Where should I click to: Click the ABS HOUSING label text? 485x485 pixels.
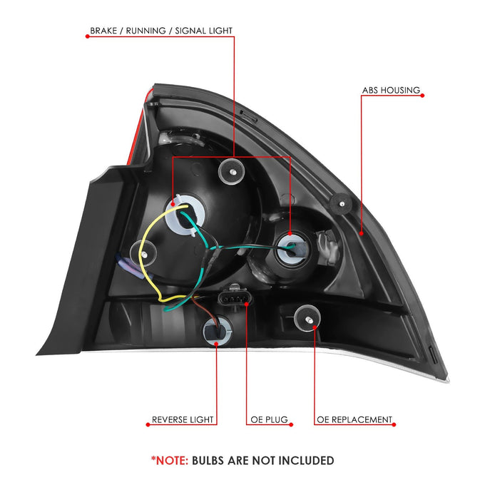[x=391, y=90]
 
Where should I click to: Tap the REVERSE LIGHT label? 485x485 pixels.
[x=183, y=419]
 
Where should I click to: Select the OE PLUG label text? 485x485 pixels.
[x=269, y=419]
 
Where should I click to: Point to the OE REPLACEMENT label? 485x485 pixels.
[x=354, y=419]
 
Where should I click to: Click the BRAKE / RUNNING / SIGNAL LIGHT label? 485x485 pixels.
[x=161, y=31]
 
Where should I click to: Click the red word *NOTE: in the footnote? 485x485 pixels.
[x=170, y=460]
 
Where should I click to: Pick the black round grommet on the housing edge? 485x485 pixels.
[x=342, y=204]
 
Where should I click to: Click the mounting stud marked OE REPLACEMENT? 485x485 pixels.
[x=307, y=319]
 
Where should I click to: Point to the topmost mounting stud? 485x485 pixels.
[x=232, y=171]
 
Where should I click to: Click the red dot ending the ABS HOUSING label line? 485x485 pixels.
[x=422, y=96]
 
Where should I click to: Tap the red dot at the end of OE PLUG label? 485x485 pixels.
[x=291, y=424]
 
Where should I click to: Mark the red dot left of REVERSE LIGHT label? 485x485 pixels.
[x=148, y=424]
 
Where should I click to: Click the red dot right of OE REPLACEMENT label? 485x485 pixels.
[x=394, y=424]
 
